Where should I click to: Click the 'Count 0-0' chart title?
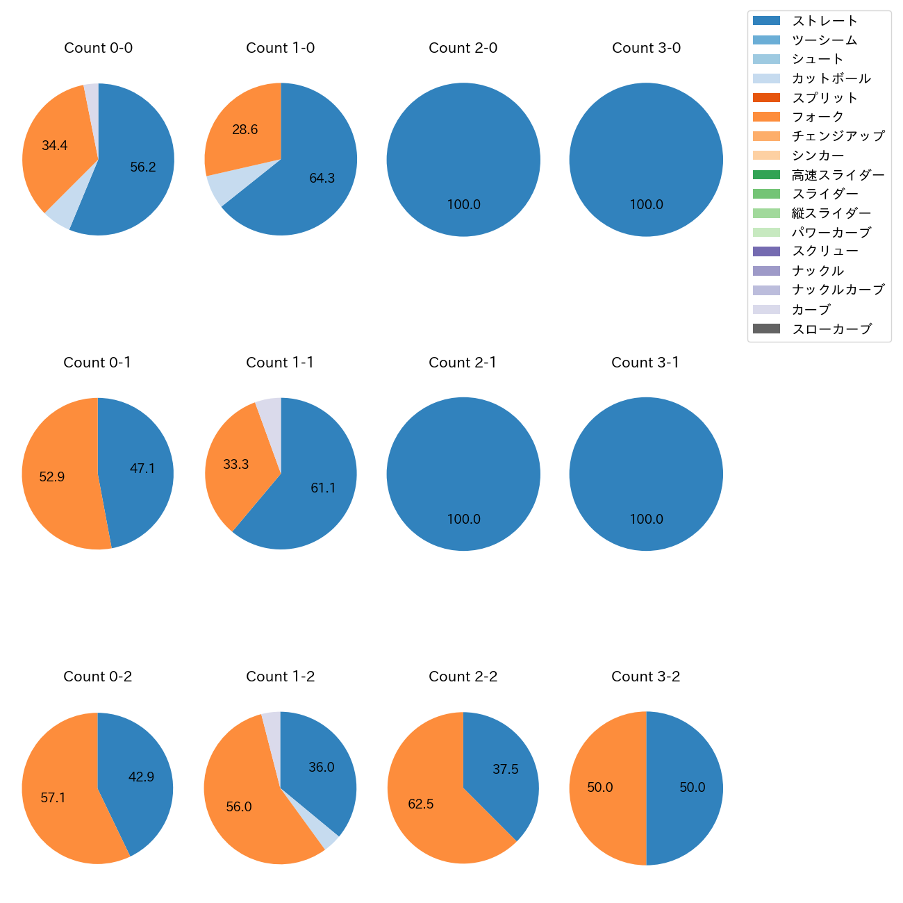click(98, 48)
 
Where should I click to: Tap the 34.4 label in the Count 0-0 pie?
click(55, 146)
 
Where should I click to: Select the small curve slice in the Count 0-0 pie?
click(92, 94)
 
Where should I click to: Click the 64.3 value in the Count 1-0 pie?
click(322, 179)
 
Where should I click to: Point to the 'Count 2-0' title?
click(463, 48)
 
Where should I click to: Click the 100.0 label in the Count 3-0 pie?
click(646, 205)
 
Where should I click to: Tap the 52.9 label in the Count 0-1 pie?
click(52, 477)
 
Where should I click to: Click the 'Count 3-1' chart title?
click(645, 363)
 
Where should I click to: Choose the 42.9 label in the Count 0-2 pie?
click(141, 777)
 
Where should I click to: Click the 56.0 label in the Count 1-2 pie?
click(239, 807)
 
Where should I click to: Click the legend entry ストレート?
click(825, 21)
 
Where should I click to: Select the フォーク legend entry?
click(818, 117)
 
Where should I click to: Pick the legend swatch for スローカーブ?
click(766, 329)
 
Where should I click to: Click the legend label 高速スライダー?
click(838, 175)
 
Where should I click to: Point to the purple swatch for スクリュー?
click(766, 251)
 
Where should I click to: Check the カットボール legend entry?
click(831, 78)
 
